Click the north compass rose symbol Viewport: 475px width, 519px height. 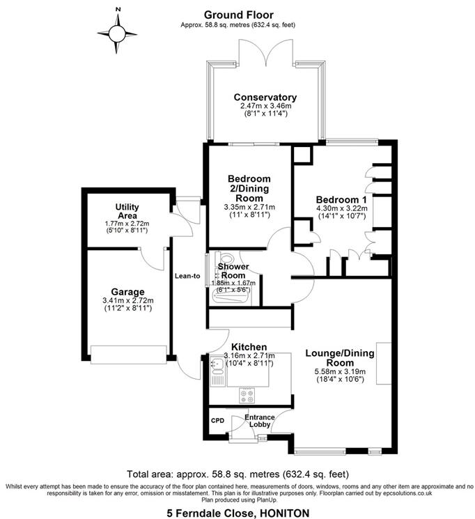118,33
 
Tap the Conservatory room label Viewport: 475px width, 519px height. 265,98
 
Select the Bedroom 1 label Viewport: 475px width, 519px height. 341,198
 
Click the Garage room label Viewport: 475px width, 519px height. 127,291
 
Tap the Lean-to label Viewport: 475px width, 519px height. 187,276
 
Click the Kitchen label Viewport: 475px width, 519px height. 249,346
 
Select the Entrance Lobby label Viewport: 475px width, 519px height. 259,421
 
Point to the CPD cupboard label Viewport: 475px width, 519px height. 218,421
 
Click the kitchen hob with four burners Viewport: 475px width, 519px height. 247,396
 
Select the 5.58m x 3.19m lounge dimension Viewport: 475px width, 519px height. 340,373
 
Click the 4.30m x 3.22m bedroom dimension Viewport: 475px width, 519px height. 341,208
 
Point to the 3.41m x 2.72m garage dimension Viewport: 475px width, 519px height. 127,301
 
